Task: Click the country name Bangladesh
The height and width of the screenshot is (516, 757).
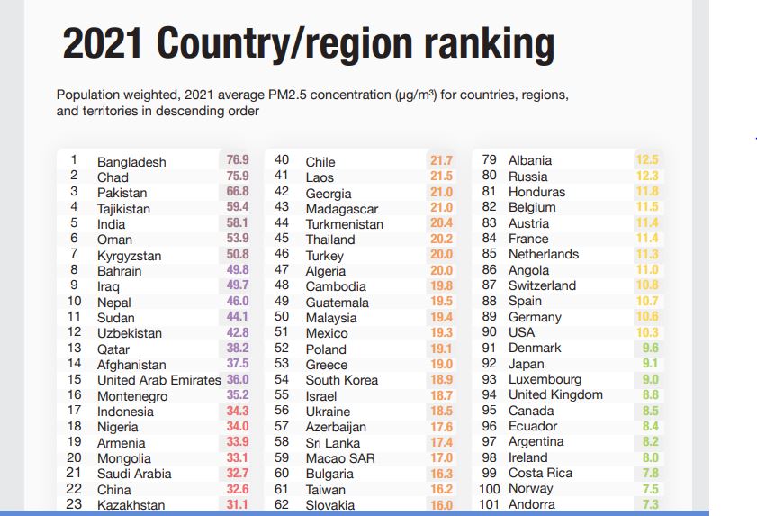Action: (x=131, y=162)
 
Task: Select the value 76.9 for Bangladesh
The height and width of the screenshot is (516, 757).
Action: (x=238, y=160)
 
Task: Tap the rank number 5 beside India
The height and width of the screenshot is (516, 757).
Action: (x=74, y=223)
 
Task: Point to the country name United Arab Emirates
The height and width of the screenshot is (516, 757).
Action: (x=158, y=380)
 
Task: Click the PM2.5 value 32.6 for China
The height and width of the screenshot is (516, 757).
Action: (x=238, y=489)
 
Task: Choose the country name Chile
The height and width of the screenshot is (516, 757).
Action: (x=320, y=162)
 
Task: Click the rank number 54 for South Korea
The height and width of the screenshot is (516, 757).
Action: (x=282, y=380)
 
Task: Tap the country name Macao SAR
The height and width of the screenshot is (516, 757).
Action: (x=340, y=458)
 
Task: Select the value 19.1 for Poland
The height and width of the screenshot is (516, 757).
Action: (x=441, y=349)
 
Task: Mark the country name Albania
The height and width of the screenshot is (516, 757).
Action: (x=530, y=160)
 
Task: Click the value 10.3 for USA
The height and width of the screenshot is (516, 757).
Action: (x=647, y=332)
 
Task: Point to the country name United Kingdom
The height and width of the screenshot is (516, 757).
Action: (x=555, y=394)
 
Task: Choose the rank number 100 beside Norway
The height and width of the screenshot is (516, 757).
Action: (x=489, y=489)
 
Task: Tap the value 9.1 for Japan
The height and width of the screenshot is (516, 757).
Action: (x=650, y=364)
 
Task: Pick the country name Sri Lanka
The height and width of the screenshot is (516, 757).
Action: (x=332, y=443)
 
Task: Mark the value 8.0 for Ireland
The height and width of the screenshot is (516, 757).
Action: (x=650, y=457)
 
